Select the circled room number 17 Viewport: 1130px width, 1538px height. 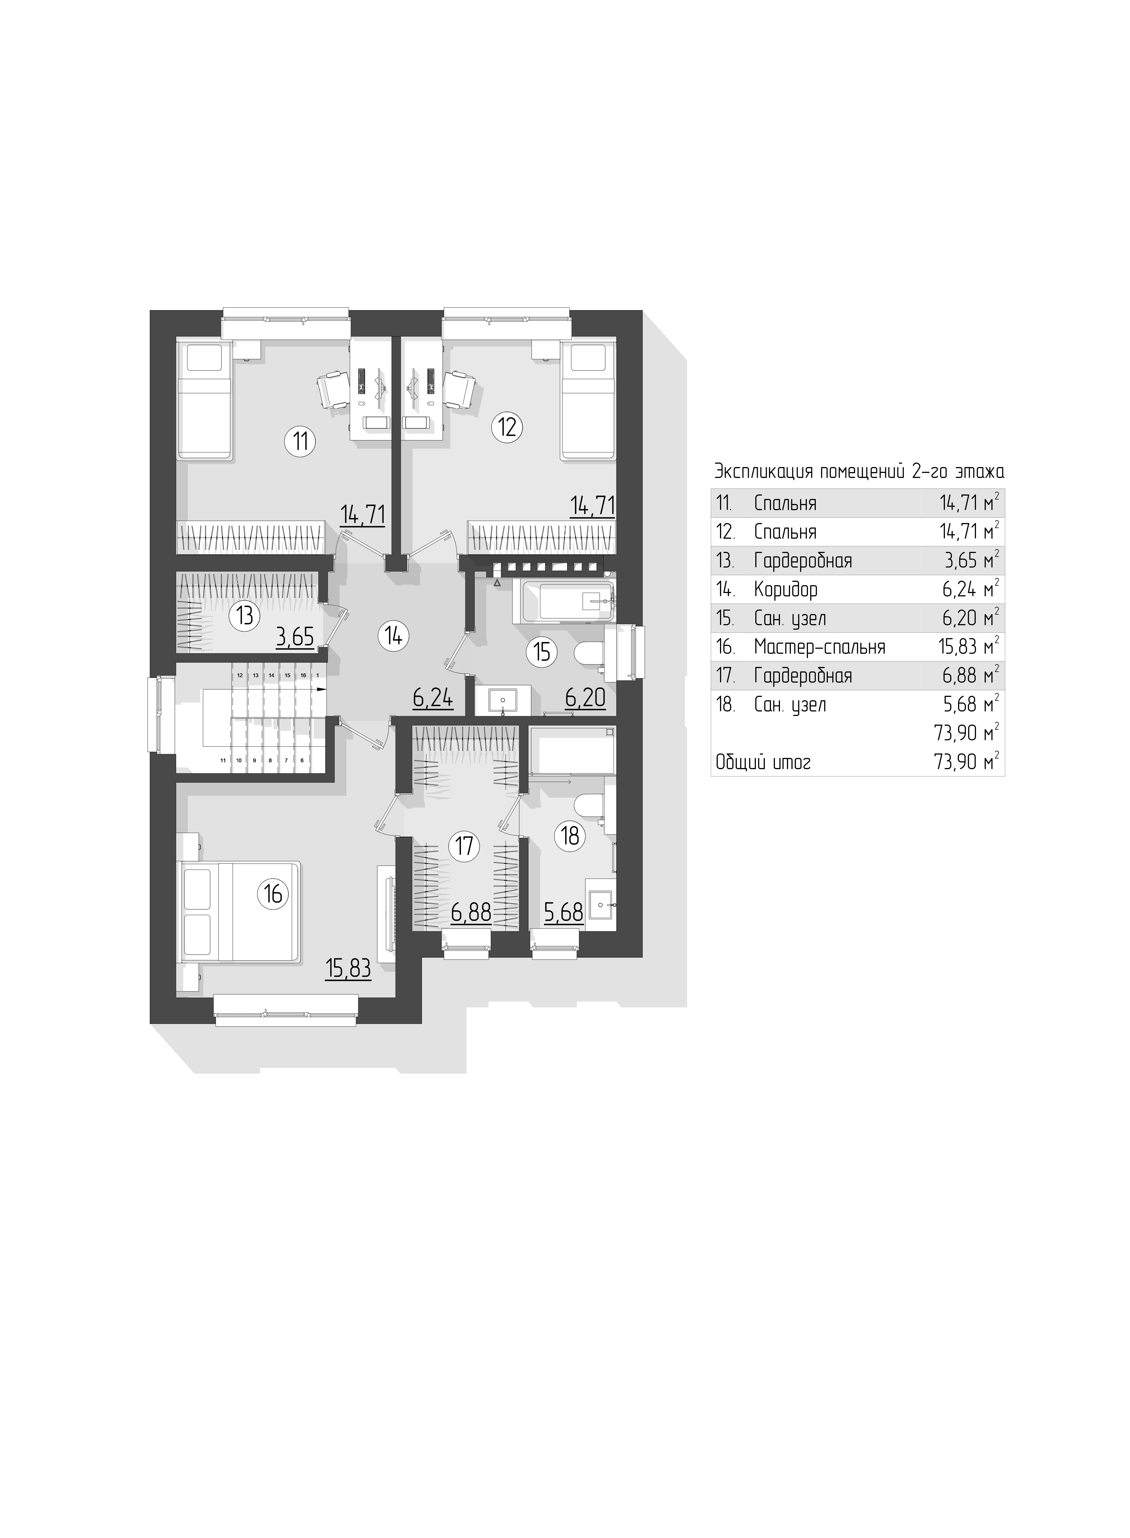(464, 846)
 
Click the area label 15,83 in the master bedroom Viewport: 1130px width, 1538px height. (349, 969)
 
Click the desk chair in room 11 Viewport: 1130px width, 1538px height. (333, 389)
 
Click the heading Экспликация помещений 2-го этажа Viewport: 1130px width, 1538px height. (859, 472)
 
